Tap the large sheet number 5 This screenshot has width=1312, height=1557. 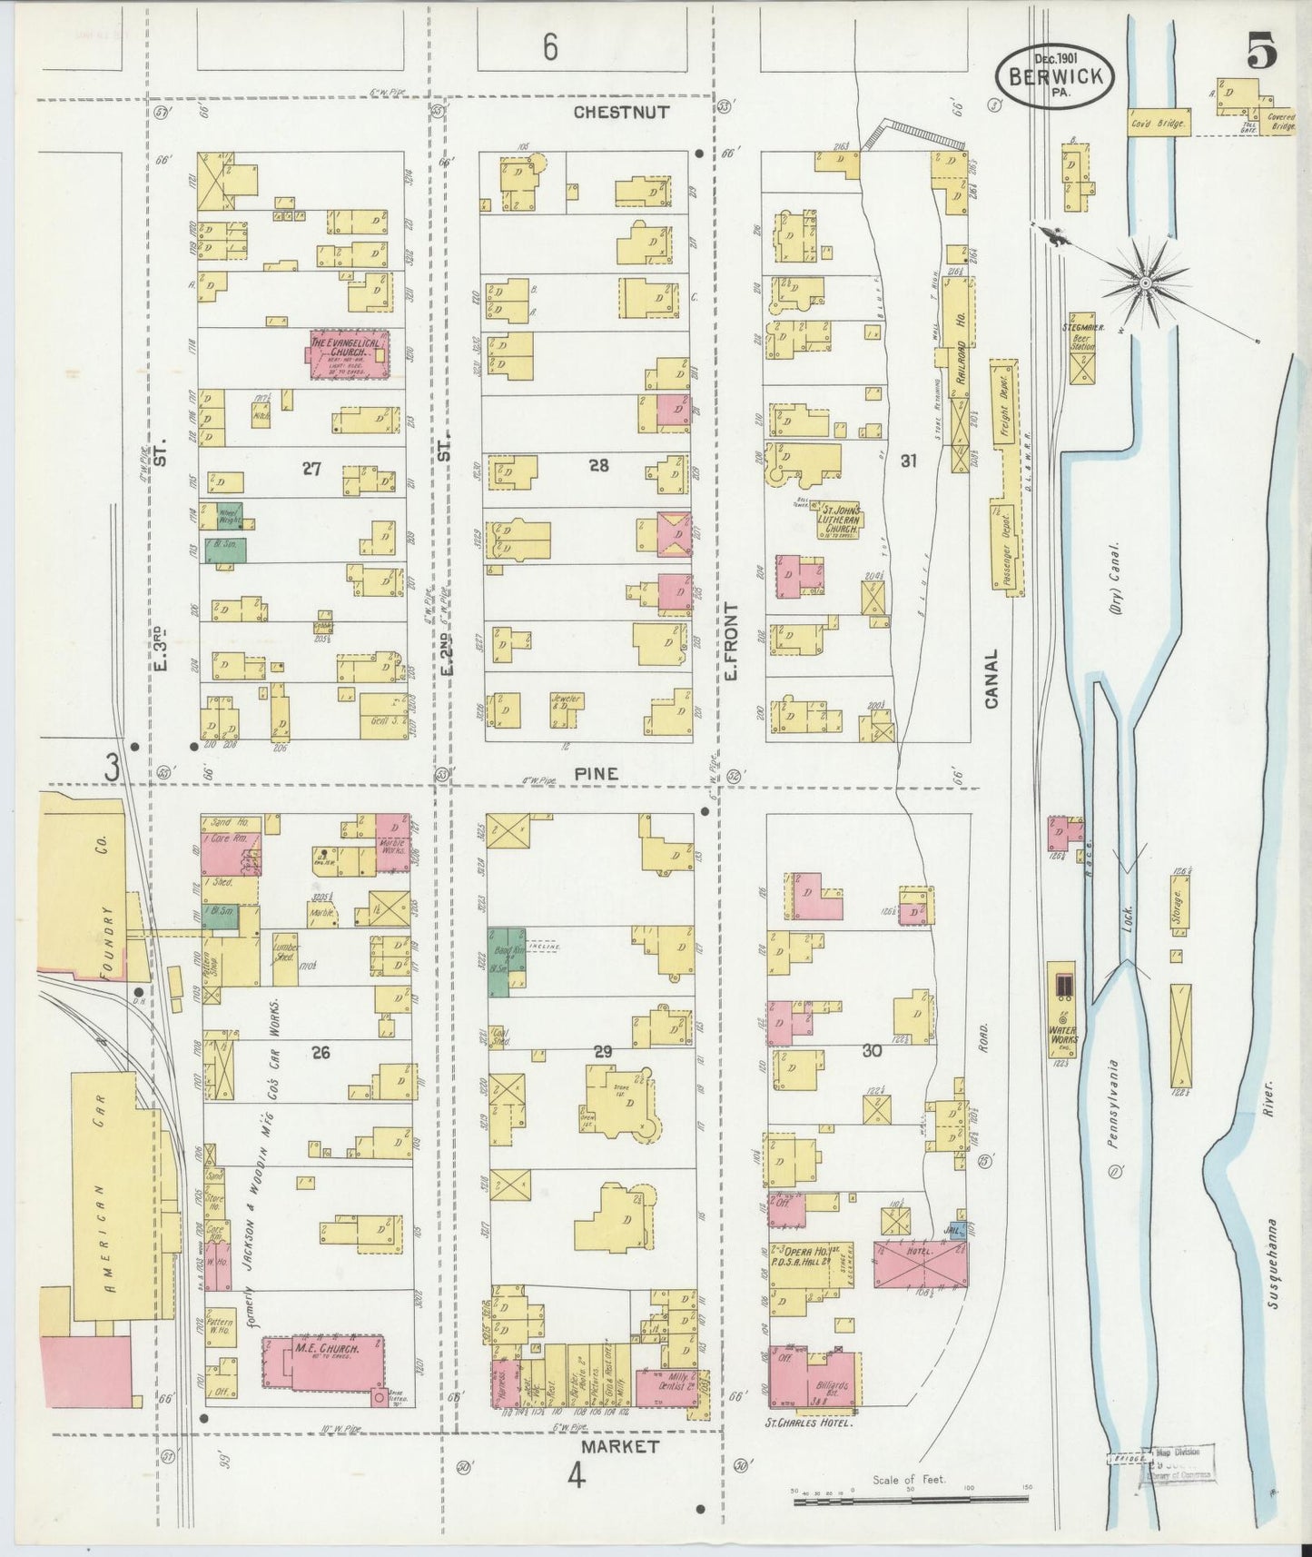click(1261, 54)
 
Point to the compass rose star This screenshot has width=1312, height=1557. click(1145, 283)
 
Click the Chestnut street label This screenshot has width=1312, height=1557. click(622, 112)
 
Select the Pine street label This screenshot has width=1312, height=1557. click(596, 774)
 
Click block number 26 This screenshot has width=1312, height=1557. click(320, 1052)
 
